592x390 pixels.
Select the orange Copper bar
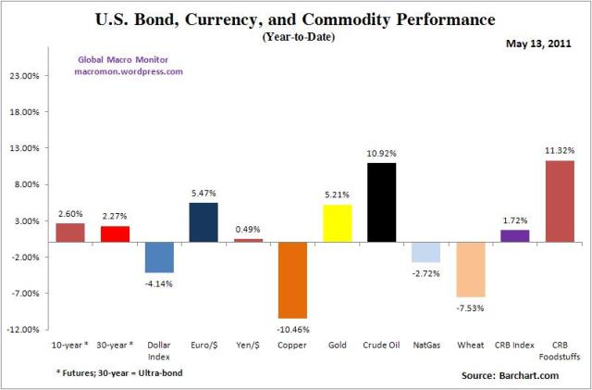pos(292,280)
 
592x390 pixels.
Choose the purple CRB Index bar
pos(514,235)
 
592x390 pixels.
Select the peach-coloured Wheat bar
pos(470,270)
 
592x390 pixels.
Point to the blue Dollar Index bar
pos(159,257)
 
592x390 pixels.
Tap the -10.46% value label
pos(292,328)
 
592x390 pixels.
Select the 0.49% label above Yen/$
pos(248,229)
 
